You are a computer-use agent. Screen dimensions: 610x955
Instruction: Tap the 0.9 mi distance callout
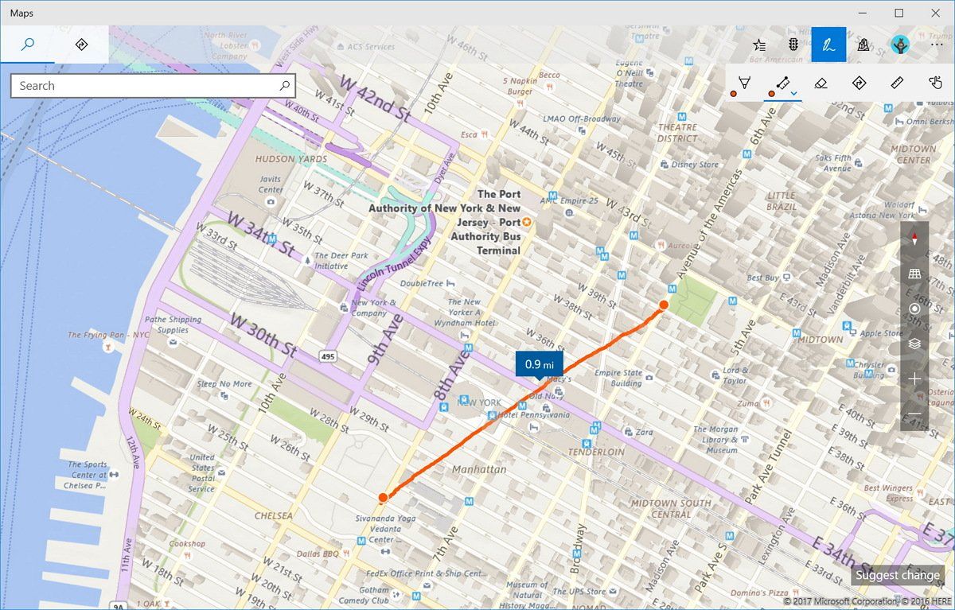click(539, 363)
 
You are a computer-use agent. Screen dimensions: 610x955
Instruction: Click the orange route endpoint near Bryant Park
click(663, 305)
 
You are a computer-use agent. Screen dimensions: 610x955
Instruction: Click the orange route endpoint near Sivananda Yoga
click(383, 498)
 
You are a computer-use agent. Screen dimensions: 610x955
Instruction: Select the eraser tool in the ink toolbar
click(821, 83)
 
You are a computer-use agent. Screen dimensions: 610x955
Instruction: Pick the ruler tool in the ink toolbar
click(897, 83)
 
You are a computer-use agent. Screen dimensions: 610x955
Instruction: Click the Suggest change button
click(898, 575)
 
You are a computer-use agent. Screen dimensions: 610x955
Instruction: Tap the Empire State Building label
click(618, 378)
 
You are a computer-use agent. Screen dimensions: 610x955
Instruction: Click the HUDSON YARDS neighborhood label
click(290, 159)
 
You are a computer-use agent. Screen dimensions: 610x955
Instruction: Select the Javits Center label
click(271, 185)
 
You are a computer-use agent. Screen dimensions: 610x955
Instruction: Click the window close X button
click(936, 13)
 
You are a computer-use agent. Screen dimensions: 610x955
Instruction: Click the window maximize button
click(898, 13)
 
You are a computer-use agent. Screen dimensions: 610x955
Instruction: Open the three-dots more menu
click(937, 45)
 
